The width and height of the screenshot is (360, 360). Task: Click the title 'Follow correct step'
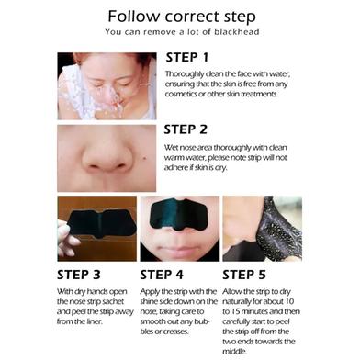182,17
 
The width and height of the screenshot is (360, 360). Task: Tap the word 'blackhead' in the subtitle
237,32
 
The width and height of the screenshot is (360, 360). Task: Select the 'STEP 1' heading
187,58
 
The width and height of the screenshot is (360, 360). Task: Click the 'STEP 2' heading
186,129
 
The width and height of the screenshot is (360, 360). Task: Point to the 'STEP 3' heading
79,275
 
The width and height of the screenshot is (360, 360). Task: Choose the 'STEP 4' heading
162,275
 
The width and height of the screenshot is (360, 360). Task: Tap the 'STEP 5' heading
244,275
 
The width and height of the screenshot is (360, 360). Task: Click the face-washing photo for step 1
107,86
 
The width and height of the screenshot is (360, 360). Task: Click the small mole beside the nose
143,159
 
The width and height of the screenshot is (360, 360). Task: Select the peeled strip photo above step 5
263,229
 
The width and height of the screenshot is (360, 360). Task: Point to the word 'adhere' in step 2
175,168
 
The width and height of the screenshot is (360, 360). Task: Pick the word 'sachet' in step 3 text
113,302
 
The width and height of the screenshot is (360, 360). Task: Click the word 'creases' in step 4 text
175,332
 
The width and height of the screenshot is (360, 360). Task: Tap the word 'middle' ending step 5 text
234,352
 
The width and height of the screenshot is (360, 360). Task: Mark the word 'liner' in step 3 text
93,321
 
